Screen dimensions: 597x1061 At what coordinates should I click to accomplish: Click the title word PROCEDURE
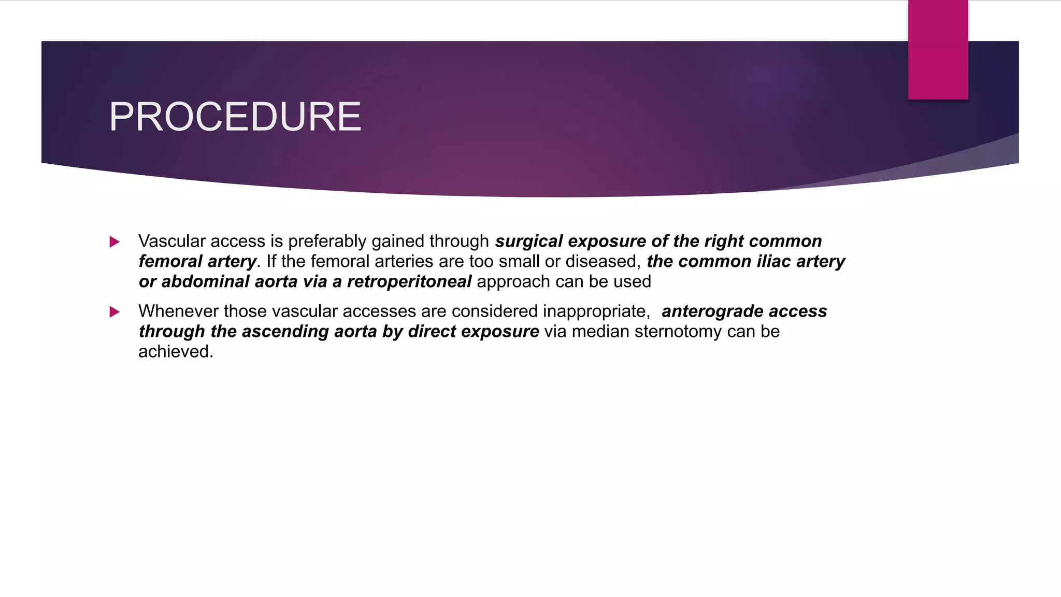235,117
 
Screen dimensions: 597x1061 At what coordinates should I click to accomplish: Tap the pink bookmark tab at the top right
938,50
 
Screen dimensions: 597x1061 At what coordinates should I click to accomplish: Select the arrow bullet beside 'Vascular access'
114,241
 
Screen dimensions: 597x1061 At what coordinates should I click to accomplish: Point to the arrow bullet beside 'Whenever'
114,311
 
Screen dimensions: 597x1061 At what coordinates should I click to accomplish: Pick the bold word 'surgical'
528,241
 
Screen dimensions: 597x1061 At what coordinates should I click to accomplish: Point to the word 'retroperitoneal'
409,281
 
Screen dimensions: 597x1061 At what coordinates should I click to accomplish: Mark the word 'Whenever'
178,311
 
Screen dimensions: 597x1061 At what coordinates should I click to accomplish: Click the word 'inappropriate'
596,311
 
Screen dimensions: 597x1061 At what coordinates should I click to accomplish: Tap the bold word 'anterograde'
712,311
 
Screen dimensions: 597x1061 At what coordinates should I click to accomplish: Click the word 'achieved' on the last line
175,351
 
